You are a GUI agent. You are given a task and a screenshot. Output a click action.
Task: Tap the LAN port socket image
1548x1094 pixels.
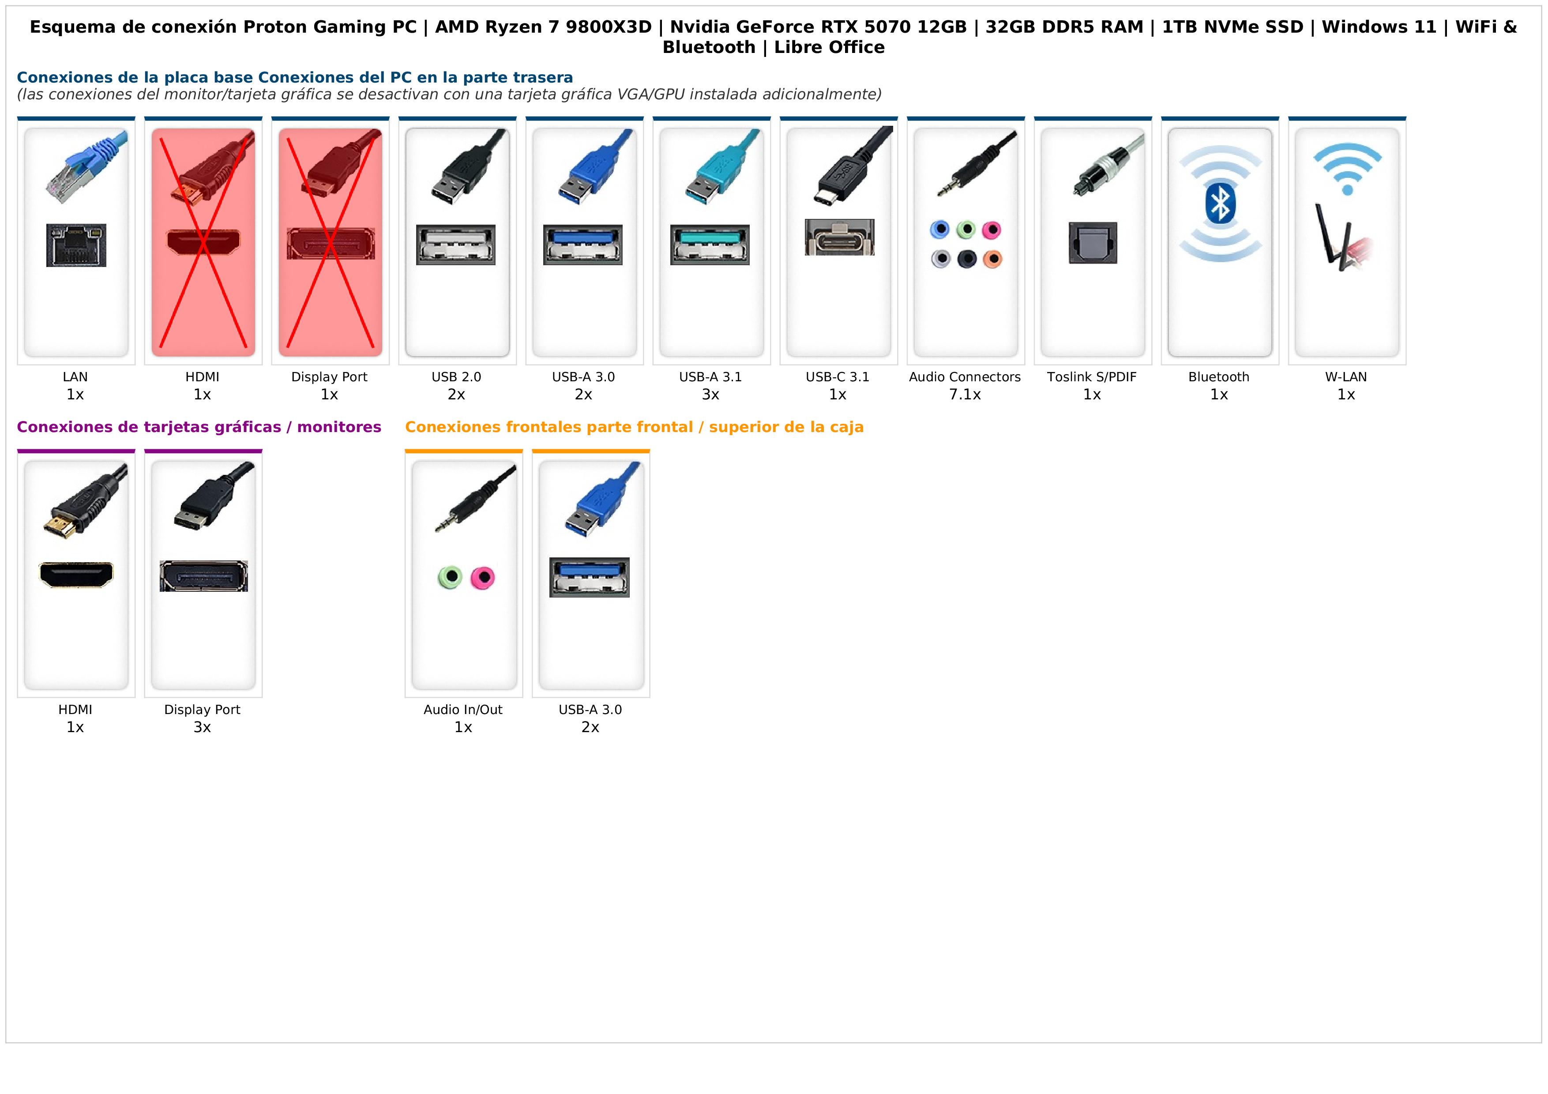76,244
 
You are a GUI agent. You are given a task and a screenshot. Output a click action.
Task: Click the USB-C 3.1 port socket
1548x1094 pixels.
839,237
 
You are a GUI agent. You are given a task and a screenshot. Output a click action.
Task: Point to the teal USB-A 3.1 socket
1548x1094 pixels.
710,244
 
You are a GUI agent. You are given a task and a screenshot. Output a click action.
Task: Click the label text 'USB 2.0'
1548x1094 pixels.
456,377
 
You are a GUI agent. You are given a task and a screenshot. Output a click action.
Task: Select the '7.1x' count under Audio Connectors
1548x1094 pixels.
965,395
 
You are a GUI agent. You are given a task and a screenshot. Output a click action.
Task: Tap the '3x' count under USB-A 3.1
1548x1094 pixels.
710,395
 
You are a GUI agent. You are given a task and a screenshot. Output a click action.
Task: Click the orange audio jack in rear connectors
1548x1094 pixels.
992,259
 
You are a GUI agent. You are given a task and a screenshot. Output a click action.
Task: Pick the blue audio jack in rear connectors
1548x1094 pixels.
939,229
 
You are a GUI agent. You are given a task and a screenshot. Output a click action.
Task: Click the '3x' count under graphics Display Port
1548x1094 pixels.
202,727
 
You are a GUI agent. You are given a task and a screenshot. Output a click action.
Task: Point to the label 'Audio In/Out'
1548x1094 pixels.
463,709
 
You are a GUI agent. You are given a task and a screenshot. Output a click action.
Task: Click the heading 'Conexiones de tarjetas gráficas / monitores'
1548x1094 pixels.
199,427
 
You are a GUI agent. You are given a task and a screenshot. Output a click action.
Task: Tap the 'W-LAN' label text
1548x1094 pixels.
1346,377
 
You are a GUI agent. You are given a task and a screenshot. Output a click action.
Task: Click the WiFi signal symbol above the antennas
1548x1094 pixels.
1347,169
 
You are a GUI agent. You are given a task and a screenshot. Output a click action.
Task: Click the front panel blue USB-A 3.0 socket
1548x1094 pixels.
589,577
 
